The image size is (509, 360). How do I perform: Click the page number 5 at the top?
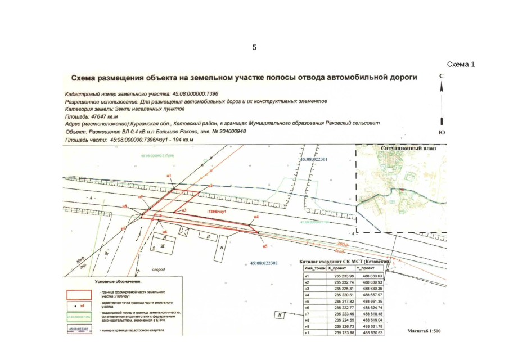[254, 47]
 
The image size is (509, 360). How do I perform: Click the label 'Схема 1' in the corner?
[461, 65]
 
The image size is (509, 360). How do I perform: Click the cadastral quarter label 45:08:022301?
[314, 159]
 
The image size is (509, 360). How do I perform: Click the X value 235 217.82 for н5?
[343, 301]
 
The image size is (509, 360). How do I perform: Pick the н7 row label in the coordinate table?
[307, 313]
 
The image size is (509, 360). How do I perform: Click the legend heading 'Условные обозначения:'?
[118, 281]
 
